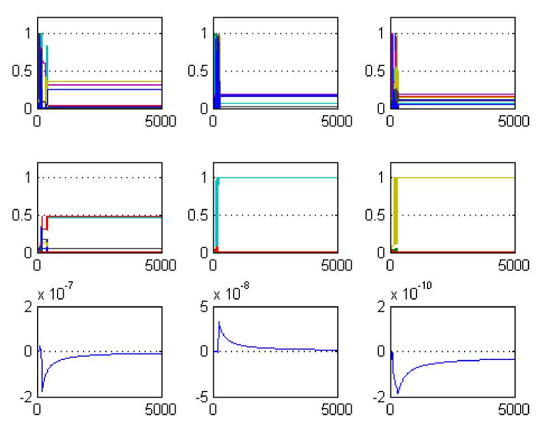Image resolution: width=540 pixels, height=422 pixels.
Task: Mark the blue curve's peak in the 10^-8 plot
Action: (219, 322)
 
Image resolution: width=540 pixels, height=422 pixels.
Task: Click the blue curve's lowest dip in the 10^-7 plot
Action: (42, 392)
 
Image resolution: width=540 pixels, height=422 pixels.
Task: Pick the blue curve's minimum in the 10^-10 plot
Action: (398, 393)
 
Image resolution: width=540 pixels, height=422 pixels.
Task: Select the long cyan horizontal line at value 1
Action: (277, 177)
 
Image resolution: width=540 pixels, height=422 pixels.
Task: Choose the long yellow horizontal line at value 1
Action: (454, 177)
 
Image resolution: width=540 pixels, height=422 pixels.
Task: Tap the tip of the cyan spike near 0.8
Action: (47, 47)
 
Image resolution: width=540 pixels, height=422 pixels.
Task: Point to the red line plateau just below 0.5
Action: (105, 216)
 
